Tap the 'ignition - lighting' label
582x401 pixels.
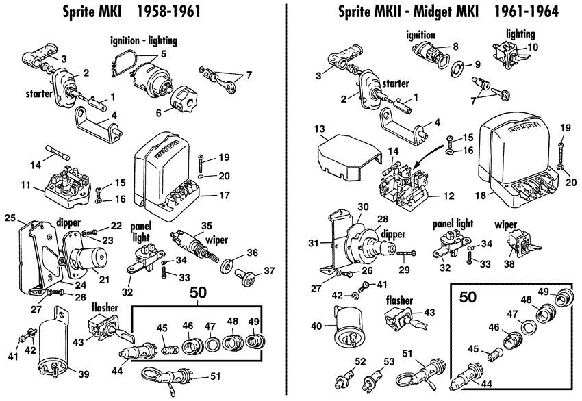[x=144, y=41]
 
